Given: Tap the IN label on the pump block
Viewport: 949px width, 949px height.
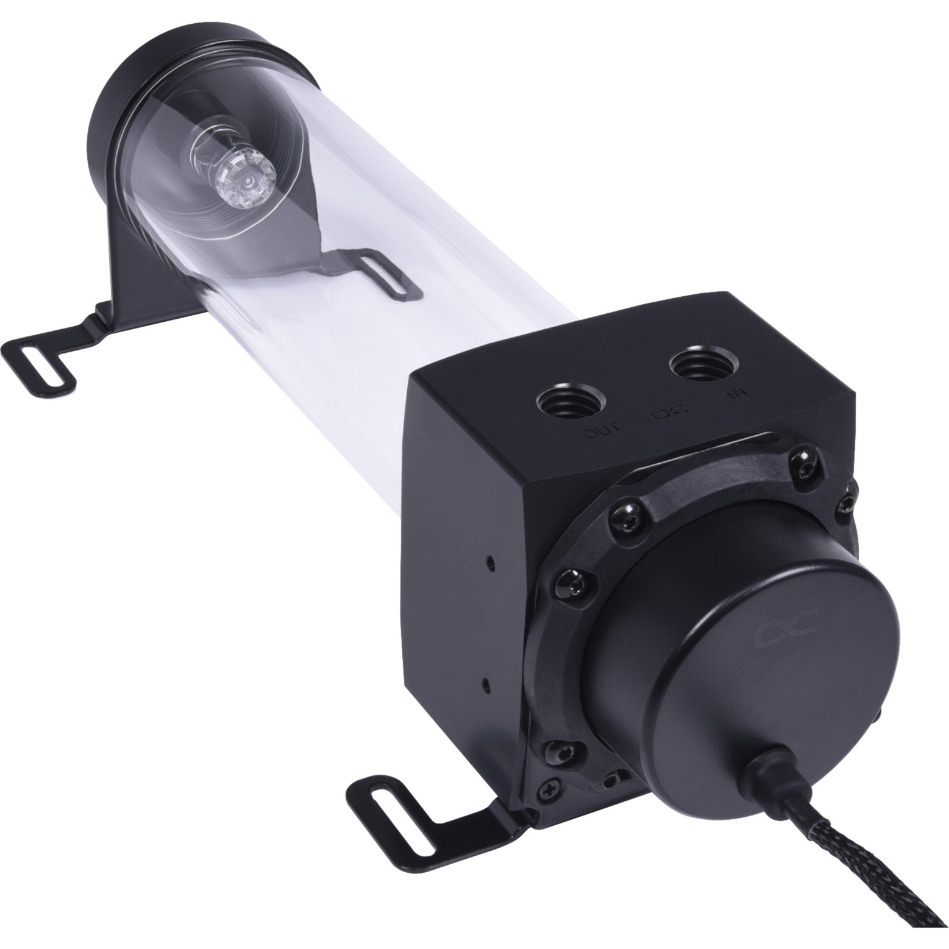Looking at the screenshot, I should [734, 394].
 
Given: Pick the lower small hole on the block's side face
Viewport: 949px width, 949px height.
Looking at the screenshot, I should [483, 681].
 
